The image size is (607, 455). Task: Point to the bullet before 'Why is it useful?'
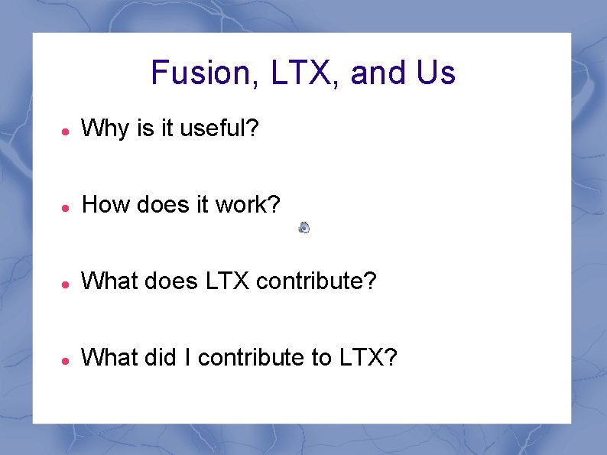[67, 131]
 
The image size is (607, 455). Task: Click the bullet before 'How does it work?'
[67, 206]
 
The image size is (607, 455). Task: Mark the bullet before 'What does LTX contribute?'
[67, 283]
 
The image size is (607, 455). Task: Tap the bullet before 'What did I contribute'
[67, 359]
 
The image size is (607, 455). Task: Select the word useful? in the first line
[221, 128]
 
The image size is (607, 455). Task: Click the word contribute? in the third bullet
[316, 281]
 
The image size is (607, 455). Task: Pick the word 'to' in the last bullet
[320, 356]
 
